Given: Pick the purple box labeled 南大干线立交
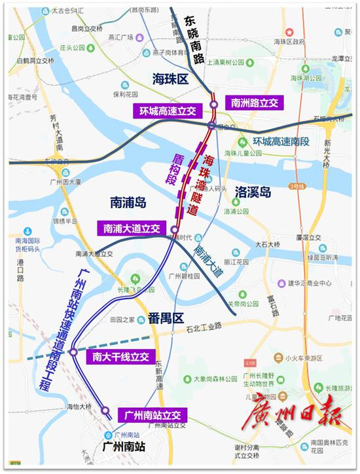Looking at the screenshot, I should pos(120,357).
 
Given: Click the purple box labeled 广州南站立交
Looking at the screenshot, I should pos(152,414).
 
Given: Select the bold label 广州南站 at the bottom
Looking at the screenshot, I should pos(122,447).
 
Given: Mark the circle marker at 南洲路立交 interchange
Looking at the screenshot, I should pos(214,105).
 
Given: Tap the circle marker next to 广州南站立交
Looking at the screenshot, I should pos(105,410).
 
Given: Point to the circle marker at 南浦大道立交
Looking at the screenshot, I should pos(174,228).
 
